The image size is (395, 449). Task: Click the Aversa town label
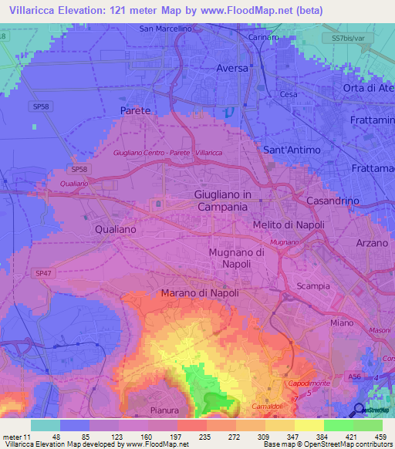232,68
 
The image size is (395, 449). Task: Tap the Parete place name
135,111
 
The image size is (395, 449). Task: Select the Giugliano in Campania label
221,201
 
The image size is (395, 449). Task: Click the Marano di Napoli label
200,293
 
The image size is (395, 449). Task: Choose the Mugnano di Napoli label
238,258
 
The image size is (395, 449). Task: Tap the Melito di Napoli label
289,224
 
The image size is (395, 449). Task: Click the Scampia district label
313,286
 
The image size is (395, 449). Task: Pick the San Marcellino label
165,29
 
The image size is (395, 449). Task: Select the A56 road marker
354,376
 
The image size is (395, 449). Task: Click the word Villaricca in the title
35,10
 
